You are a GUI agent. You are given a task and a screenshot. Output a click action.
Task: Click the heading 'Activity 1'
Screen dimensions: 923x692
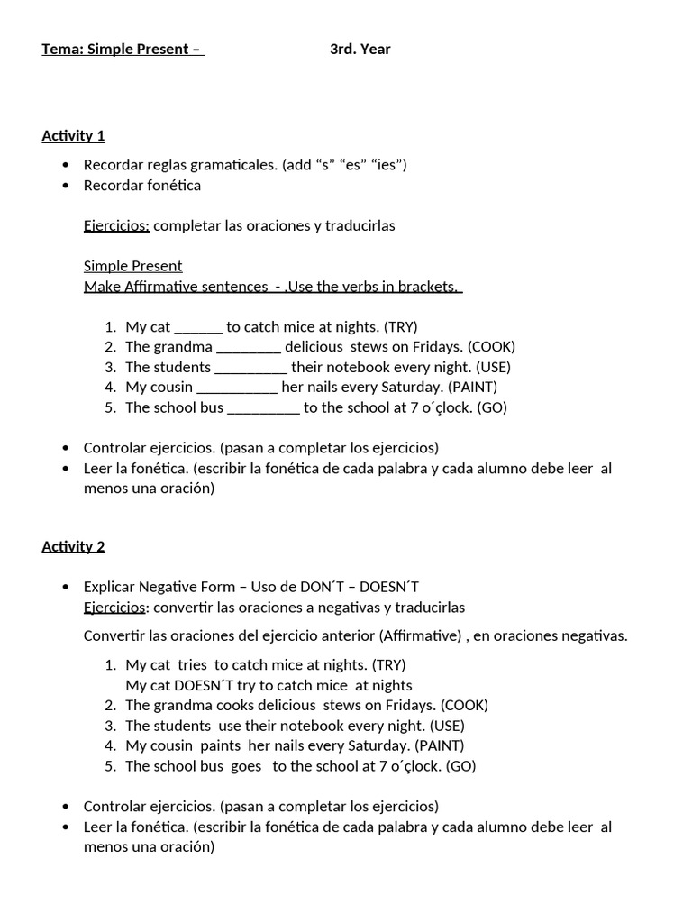pyautogui.click(x=73, y=136)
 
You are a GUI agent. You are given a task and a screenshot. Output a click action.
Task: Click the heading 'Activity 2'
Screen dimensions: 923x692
pyautogui.click(x=73, y=546)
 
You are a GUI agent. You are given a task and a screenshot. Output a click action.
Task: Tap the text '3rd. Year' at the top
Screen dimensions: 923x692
pyautogui.click(x=360, y=50)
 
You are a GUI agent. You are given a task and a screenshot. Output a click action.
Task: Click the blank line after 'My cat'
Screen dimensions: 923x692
pyautogui.click(x=198, y=327)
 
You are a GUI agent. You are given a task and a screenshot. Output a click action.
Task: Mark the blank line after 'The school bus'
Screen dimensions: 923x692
pyautogui.click(x=263, y=408)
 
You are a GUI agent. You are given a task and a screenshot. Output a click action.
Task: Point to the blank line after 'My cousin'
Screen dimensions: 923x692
pyautogui.click(x=237, y=388)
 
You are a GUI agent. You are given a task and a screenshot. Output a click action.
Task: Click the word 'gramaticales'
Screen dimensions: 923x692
pyautogui.click(x=232, y=165)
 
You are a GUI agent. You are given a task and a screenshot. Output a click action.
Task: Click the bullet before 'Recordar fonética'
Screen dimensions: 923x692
pyautogui.click(x=66, y=186)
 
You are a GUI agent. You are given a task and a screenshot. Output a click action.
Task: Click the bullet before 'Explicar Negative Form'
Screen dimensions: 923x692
pyautogui.click(x=66, y=588)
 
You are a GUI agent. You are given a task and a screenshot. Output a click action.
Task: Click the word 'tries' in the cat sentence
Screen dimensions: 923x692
pyautogui.click(x=192, y=665)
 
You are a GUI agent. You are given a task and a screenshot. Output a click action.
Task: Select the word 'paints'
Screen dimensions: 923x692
pyautogui.click(x=220, y=746)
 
